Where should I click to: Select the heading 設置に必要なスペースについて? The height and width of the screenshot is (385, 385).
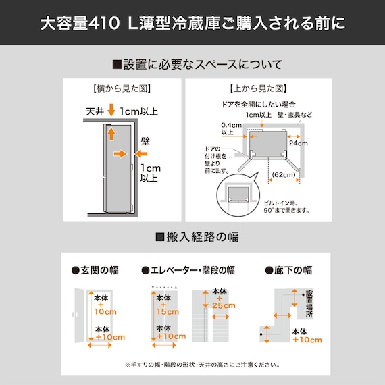point(197,65)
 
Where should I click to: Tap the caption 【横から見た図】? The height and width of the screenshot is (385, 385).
point(122,88)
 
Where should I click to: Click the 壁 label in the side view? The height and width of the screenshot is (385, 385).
point(145,143)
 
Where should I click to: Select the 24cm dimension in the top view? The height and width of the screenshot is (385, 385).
point(298,143)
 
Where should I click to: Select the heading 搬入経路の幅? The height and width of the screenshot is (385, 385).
point(197,237)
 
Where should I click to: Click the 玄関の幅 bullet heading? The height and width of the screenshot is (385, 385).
point(95,270)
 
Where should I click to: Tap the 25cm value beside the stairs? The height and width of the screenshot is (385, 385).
point(222,306)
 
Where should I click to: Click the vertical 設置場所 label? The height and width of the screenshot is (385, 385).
point(309,304)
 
